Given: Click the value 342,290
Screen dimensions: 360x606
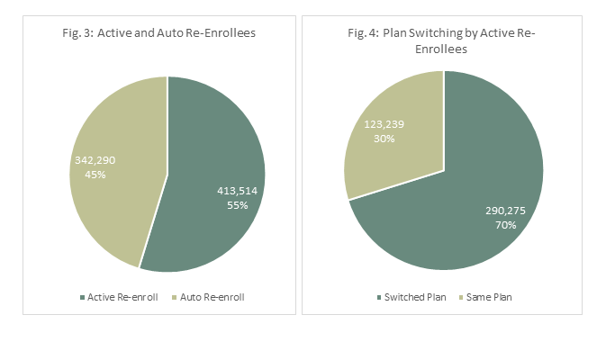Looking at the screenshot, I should click(95, 160).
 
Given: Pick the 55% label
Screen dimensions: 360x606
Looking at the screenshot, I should click(238, 205).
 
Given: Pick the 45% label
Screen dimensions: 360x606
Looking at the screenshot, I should click(95, 175).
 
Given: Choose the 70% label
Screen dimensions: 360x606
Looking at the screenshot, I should click(504, 224).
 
